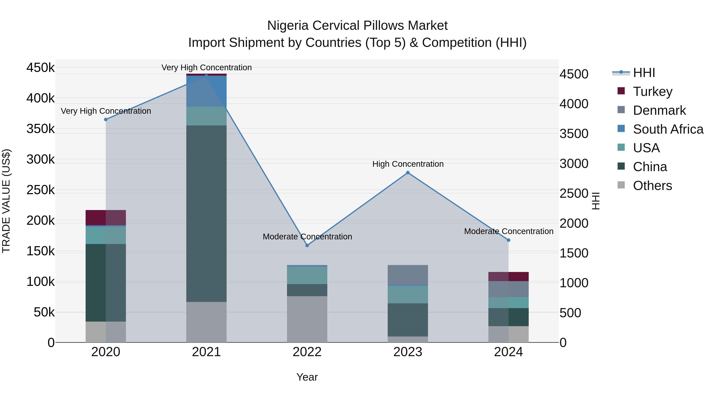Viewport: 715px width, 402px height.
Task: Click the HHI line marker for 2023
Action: click(408, 173)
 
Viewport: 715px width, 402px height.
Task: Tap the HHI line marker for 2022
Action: click(307, 245)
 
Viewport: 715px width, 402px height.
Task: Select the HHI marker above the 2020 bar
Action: click(106, 120)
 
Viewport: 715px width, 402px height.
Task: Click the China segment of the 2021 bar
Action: click(206, 214)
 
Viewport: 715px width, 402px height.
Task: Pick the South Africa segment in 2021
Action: click(206, 91)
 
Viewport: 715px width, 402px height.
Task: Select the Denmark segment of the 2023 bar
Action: click(408, 275)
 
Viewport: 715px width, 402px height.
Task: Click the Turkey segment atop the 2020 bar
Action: click(106, 218)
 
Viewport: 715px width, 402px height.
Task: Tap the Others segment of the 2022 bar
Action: click(307, 319)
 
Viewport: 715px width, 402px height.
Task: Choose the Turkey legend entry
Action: click(652, 92)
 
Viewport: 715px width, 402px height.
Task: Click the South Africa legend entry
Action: click(668, 129)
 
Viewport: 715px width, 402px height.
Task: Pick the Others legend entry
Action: click(652, 186)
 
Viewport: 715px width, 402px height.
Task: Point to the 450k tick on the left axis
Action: click(41, 68)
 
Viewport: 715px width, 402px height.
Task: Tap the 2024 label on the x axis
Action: click(508, 352)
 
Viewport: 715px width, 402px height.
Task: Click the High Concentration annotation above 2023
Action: click(408, 164)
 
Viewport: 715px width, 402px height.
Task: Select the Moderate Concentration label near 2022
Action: click(307, 237)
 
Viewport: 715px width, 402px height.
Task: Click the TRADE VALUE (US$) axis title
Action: click(6, 201)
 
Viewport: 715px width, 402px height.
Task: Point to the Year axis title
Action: click(307, 377)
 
